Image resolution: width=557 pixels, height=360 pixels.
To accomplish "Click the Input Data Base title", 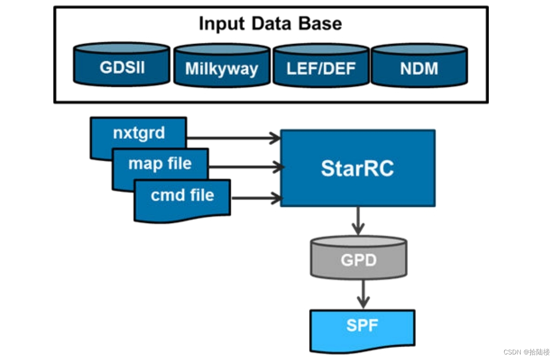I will [270, 23].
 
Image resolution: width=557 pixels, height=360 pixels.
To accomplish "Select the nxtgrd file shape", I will [139, 133].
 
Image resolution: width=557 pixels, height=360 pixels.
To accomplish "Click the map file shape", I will [160, 163].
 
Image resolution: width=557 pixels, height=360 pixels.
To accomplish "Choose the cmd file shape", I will [182, 196].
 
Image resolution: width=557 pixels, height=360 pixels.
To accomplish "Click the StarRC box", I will [357, 168].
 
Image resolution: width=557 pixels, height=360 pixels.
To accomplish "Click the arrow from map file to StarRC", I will [246, 167].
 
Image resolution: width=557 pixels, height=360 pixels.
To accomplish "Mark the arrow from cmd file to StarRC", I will [256, 198].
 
